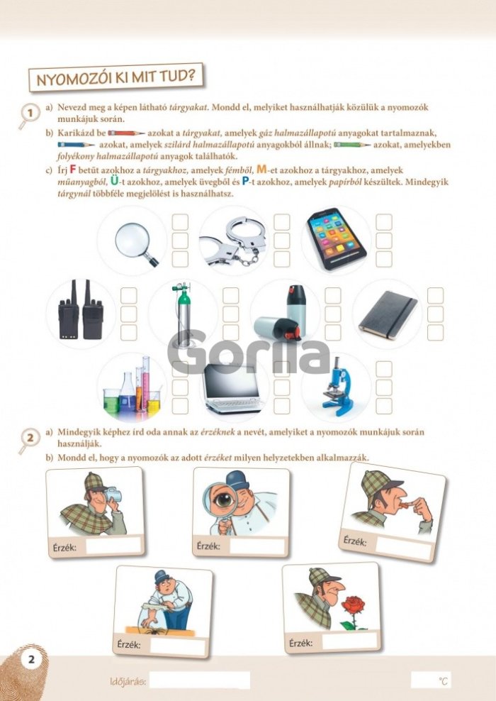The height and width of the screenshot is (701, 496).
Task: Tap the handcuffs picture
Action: point(234,241)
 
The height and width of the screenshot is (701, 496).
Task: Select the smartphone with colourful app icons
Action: point(336,238)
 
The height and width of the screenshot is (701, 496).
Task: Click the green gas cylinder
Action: point(182,314)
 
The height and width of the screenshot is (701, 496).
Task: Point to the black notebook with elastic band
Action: point(388,314)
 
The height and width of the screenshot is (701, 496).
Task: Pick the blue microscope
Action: point(338,386)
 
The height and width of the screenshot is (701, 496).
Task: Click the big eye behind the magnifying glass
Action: point(224,499)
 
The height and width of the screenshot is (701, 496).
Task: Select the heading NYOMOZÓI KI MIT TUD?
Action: point(116,78)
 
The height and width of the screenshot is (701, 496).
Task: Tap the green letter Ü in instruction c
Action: point(115,181)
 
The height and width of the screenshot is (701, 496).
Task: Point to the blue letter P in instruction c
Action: point(245,182)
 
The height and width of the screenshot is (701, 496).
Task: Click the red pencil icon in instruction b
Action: point(126,133)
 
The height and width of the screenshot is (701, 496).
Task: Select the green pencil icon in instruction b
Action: point(352,145)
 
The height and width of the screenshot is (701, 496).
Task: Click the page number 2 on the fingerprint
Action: point(31,659)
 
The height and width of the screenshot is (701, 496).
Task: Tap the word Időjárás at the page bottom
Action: point(128,682)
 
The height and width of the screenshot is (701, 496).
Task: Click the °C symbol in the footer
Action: point(443,681)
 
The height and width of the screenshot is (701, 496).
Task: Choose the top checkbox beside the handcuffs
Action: point(282,222)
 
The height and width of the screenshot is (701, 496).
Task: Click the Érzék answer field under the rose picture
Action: point(349,641)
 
